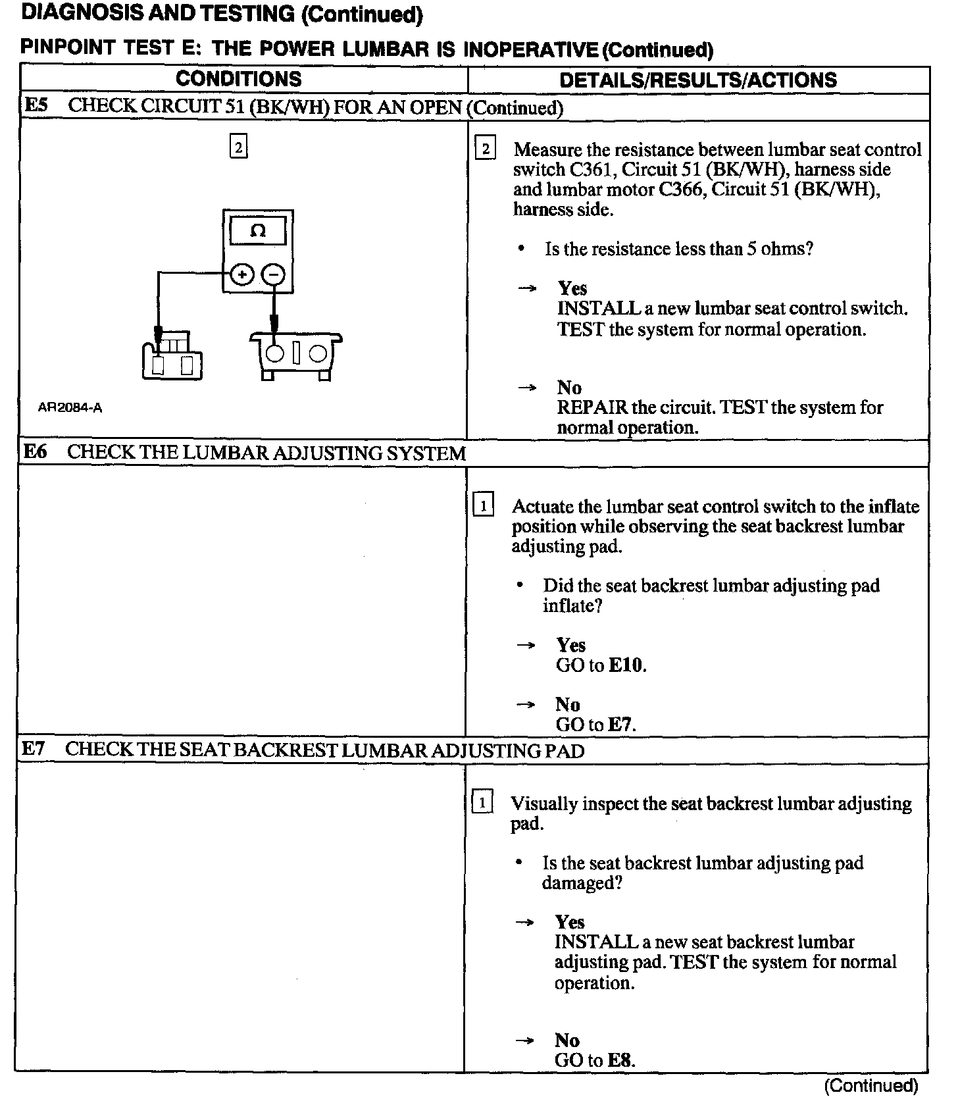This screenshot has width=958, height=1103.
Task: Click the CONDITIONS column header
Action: pyautogui.click(x=238, y=79)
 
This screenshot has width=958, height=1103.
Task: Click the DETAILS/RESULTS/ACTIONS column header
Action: pyautogui.click(x=697, y=80)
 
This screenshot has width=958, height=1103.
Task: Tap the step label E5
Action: pyautogui.click(x=36, y=106)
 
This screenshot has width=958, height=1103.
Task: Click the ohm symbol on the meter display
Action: pyautogui.click(x=258, y=231)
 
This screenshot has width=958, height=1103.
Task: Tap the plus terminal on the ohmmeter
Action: pyautogui.click(x=242, y=274)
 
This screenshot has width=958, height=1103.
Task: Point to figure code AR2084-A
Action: pyautogui.click(x=70, y=408)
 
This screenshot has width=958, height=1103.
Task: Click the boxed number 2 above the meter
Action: pyautogui.click(x=238, y=147)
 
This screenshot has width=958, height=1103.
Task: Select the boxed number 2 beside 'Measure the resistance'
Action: pyautogui.click(x=485, y=149)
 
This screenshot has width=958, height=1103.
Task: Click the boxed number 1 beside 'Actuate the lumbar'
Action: pyautogui.click(x=484, y=506)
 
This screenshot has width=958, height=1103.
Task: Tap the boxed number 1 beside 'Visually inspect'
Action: pyautogui.click(x=482, y=803)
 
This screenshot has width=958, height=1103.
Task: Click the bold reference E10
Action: pyautogui.click(x=626, y=665)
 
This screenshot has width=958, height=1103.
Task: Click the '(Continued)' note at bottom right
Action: pyautogui.click(x=870, y=1085)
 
